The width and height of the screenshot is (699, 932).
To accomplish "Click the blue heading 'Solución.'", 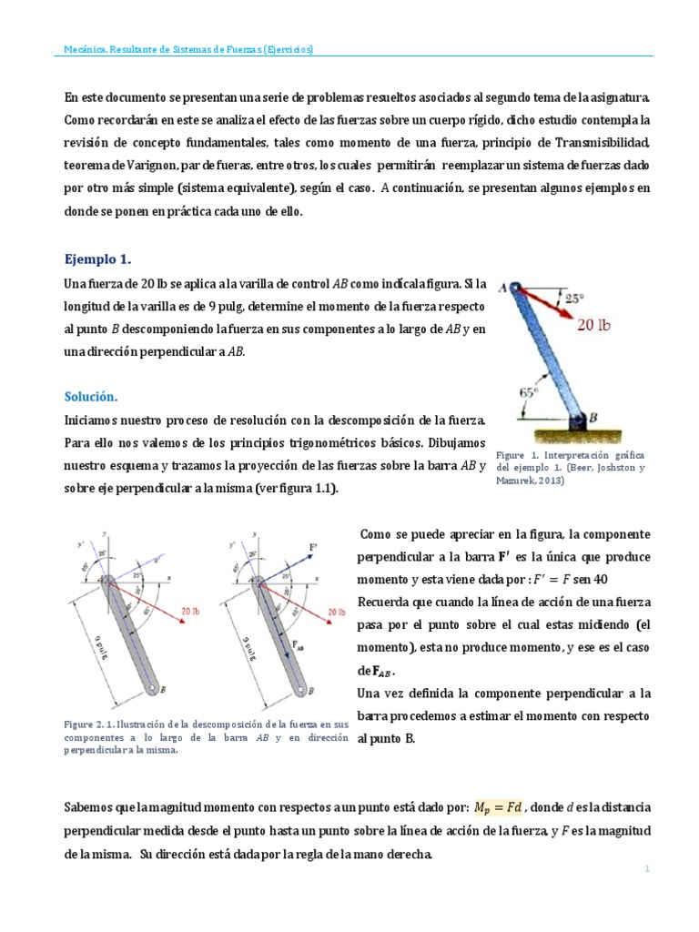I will [x=92, y=397].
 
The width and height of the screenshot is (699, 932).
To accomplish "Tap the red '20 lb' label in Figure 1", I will [x=600, y=326].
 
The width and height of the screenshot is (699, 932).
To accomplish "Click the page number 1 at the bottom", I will [x=646, y=869].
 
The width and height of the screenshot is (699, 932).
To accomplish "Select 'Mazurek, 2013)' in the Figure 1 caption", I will [x=531, y=481].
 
